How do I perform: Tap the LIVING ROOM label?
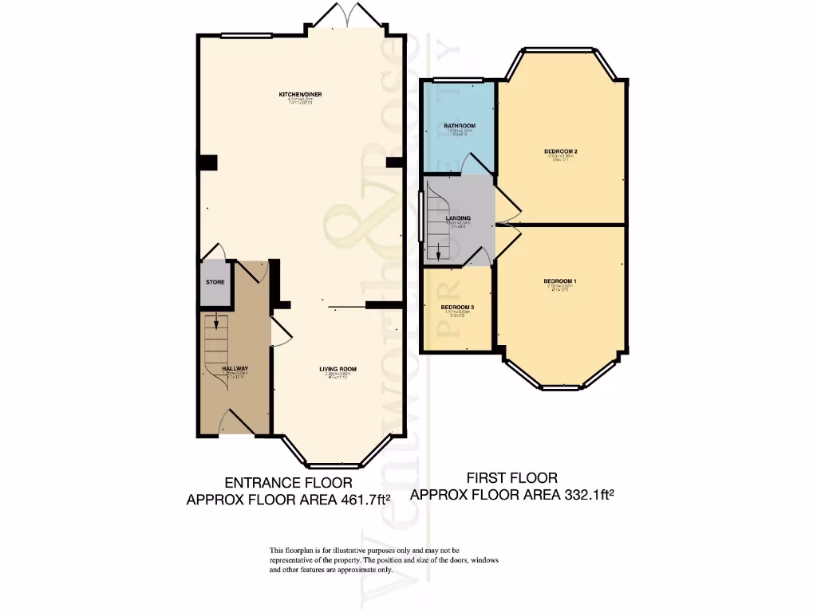337,369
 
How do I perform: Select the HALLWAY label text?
235,368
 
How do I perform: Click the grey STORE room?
215,283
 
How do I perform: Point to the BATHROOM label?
460,126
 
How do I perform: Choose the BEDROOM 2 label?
560,151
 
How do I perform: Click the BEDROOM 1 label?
560,281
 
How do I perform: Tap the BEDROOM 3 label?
458,308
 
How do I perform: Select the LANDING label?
458,218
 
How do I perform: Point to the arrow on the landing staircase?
437,253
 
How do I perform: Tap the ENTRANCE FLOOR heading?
288,483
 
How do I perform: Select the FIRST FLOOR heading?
511,478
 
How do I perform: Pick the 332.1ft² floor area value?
588,495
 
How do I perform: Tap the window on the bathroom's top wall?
458,80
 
